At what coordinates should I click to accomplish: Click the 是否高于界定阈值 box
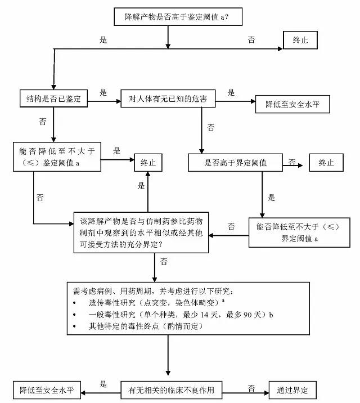[235, 163]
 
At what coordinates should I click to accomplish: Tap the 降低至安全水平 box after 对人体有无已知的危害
[292, 105]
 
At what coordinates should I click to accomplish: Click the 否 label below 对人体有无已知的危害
[211, 128]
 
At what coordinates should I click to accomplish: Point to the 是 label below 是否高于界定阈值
[272, 197]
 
